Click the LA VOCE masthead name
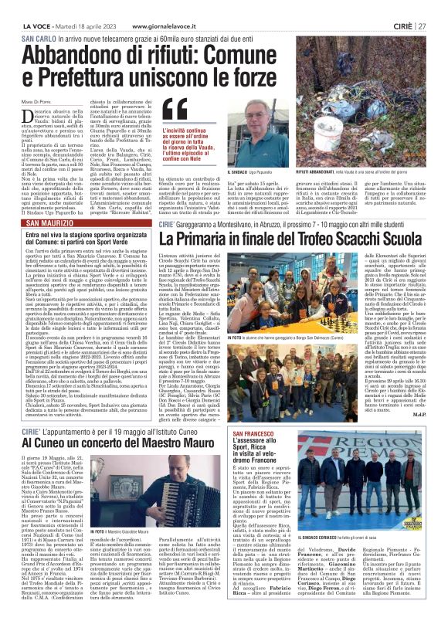[x=29, y=6]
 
